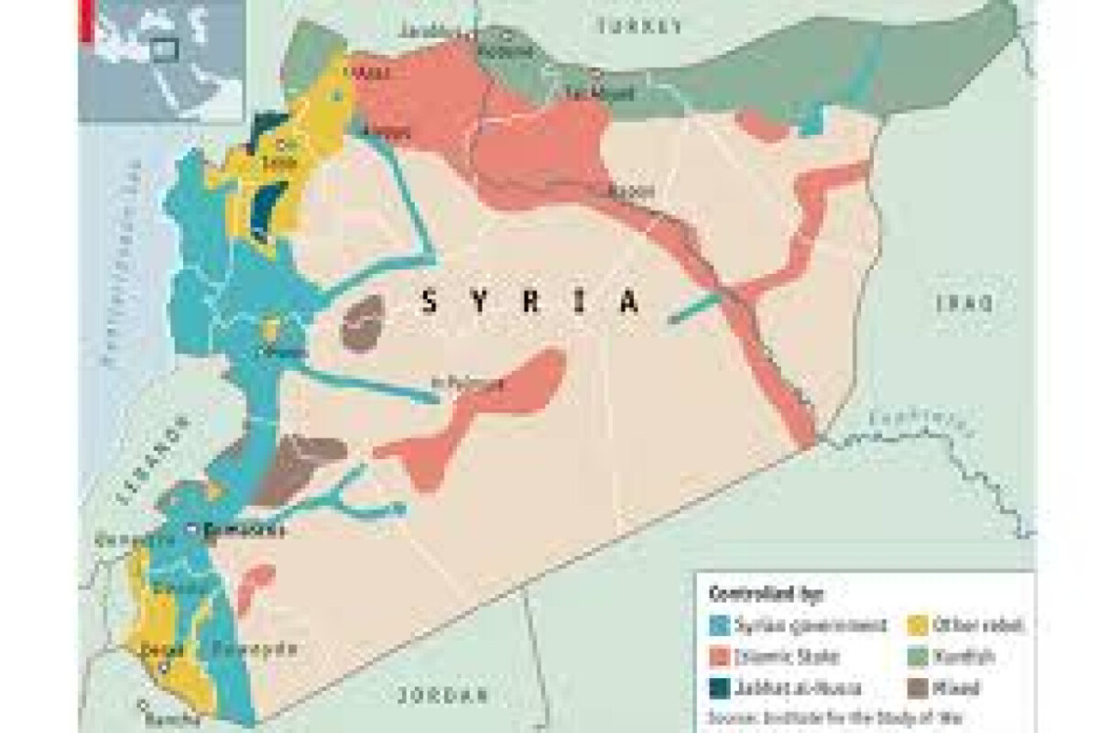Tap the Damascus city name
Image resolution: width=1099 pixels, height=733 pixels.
[244, 531]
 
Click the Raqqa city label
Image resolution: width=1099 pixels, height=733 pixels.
[632, 191]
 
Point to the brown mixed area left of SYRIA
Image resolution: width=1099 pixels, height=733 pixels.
[365, 321]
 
